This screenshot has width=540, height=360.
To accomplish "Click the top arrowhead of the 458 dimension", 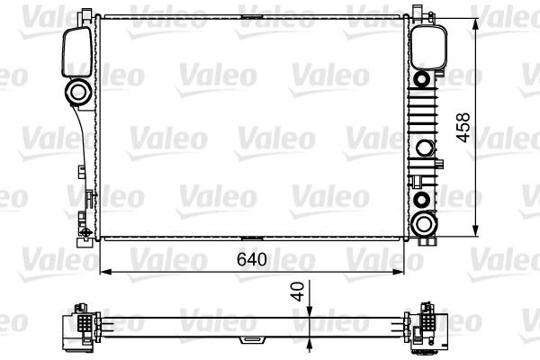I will pyautogui.click(x=475, y=21).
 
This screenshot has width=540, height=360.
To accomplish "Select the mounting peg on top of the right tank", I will pyautogui.click(x=418, y=11).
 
